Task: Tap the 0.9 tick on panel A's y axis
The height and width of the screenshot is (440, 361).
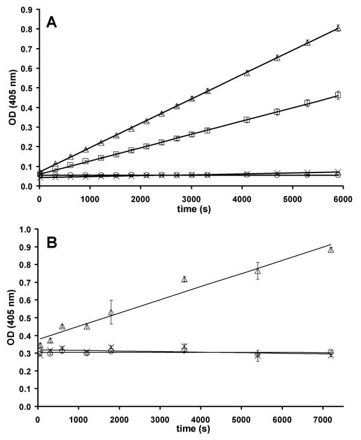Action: (27, 10)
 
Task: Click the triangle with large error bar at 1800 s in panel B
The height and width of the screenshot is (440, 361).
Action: (111, 313)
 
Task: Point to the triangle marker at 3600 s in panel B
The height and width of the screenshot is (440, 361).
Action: (185, 279)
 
